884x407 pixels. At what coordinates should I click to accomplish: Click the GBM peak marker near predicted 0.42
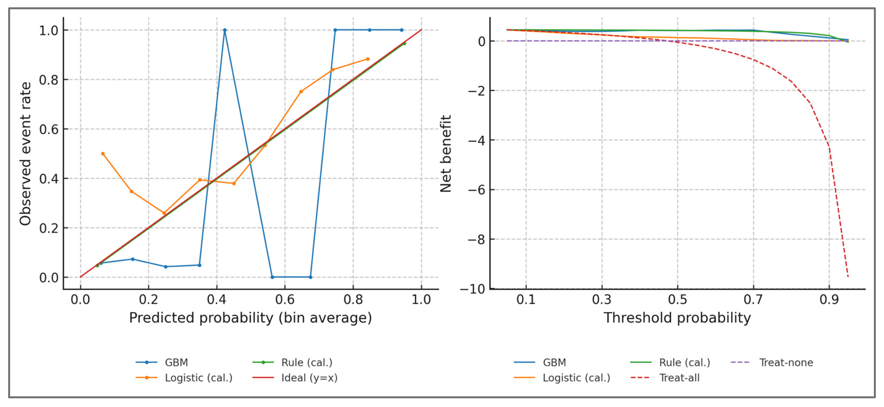[225, 30]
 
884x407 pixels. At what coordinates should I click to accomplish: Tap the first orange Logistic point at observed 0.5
[103, 154]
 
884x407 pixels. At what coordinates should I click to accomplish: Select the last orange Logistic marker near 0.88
[368, 59]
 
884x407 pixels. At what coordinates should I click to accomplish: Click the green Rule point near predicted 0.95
[404, 44]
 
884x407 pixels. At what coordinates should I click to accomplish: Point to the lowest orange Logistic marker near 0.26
[164, 213]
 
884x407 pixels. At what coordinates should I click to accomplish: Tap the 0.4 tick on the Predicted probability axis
[217, 300]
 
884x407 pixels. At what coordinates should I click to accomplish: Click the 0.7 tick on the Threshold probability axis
[753, 300]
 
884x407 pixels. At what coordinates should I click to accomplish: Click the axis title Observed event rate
[25, 153]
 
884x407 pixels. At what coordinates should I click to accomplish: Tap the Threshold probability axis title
[677, 318]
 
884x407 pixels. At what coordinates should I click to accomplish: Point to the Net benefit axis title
[445, 153]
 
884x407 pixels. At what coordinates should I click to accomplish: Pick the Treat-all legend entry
[679, 378]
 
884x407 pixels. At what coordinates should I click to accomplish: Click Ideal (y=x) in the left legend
[309, 378]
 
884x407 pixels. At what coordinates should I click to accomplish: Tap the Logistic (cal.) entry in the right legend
[576, 378]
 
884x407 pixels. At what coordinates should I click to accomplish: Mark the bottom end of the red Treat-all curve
[848, 277]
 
